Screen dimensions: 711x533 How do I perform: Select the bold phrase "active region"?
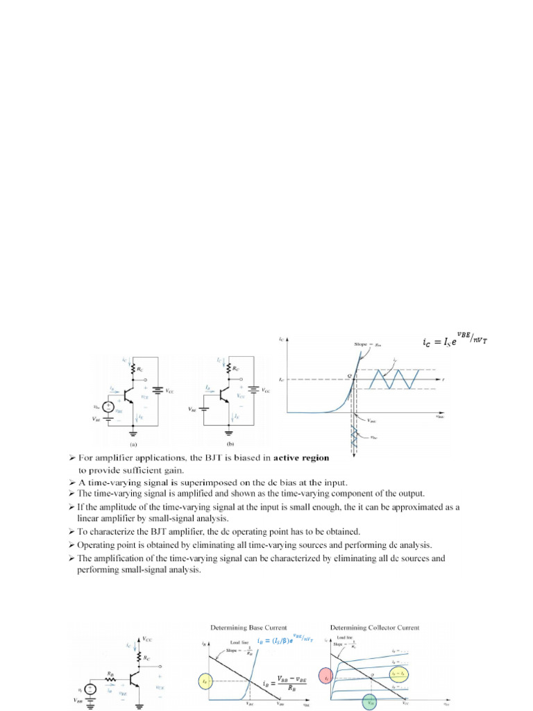tap(296, 458)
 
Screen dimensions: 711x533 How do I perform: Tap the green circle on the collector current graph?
tap(369, 702)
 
